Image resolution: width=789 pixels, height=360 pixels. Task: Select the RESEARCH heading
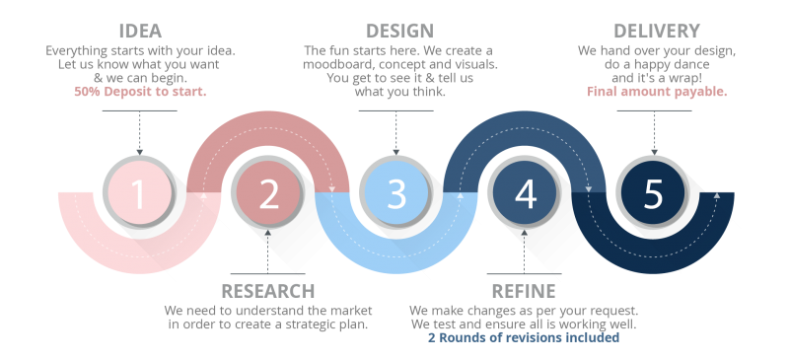click(268, 291)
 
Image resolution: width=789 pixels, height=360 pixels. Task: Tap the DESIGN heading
click(398, 32)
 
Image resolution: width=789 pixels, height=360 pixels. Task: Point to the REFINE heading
click(523, 291)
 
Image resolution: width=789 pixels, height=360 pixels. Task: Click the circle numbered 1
click(139, 193)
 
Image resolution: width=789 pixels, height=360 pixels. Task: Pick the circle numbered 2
click(268, 193)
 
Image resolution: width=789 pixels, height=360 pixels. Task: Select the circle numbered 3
click(396, 193)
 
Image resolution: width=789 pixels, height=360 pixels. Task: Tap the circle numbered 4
click(525, 193)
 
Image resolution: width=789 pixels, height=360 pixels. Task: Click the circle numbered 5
click(653, 193)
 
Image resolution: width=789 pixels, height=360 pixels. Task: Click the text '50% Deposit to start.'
click(139, 92)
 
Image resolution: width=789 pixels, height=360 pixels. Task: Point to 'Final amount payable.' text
click(657, 92)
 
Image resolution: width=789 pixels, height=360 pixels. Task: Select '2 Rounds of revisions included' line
click(523, 338)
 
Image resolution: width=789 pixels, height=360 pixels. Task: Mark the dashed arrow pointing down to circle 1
click(139, 133)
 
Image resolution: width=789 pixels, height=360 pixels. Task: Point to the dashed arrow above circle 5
click(653, 133)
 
